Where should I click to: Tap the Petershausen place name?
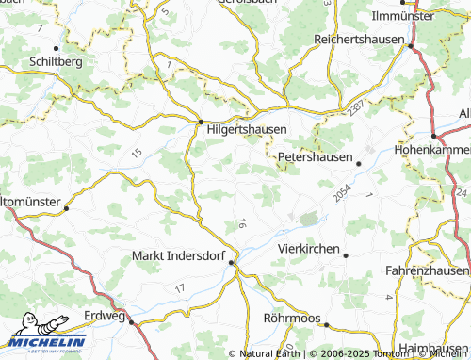315,157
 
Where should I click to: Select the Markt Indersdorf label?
180,255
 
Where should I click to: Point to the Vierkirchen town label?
308,248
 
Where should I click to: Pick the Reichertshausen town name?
358,41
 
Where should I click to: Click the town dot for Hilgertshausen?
201,122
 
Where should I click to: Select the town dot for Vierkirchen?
346,255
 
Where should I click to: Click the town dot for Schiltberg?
57,47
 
